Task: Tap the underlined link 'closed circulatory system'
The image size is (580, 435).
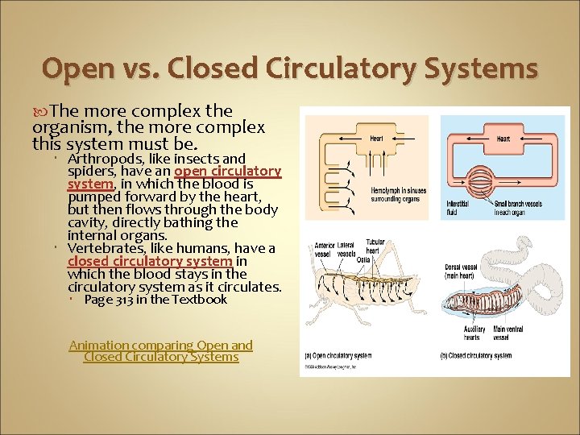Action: coord(150,261)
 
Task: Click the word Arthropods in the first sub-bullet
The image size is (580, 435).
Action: coord(103,159)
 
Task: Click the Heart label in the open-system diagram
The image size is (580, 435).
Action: coord(377,139)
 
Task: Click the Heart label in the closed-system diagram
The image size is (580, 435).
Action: coord(503,139)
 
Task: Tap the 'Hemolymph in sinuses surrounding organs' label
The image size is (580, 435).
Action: coord(398,194)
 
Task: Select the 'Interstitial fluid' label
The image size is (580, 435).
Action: coord(458,208)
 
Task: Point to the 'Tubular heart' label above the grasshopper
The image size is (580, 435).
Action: coord(375,246)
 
